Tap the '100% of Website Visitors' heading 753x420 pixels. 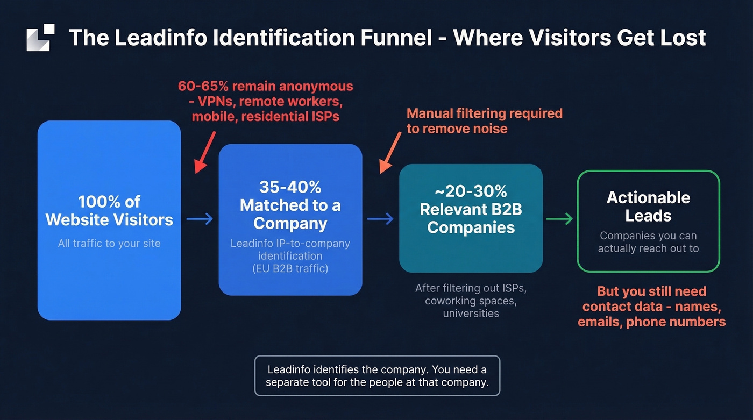click(109, 211)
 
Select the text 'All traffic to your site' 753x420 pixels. click(109, 243)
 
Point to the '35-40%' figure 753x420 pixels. click(290, 187)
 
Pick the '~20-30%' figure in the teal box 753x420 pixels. click(471, 191)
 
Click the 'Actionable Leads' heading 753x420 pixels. click(648, 207)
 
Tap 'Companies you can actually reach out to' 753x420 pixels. click(648, 242)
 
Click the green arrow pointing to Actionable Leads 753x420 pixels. click(559, 219)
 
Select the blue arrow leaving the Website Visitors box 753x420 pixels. click(200, 219)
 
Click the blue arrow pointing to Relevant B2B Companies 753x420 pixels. click(380, 219)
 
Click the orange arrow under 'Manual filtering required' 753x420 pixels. click(390, 153)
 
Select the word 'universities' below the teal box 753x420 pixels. click(471, 314)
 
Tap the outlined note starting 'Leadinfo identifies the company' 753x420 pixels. click(377, 376)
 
